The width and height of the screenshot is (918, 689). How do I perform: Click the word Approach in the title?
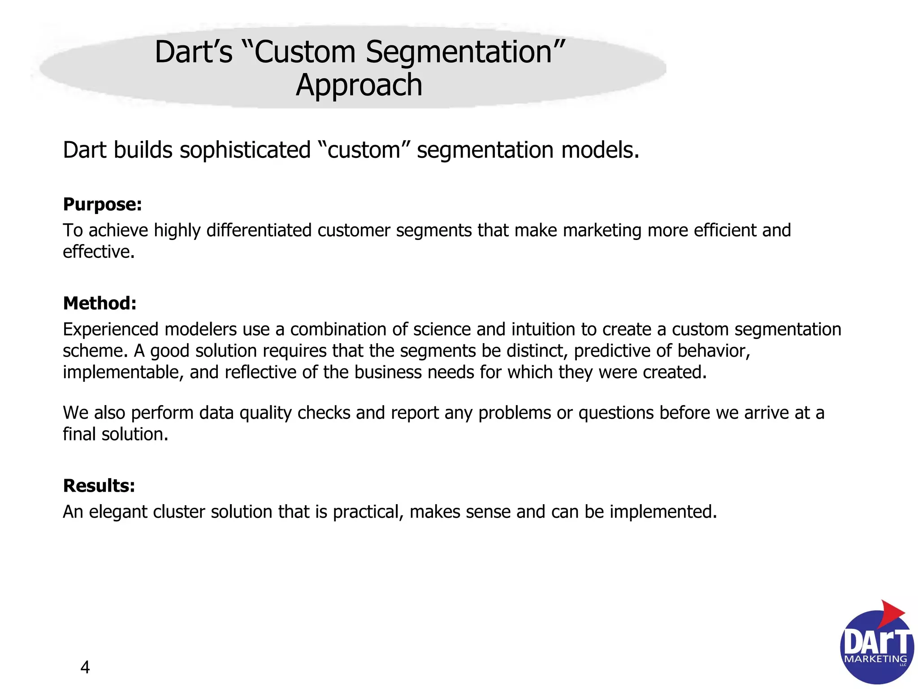click(x=359, y=85)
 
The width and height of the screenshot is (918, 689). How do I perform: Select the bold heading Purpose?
click(x=102, y=205)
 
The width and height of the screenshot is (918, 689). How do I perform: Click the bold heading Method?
click(x=100, y=304)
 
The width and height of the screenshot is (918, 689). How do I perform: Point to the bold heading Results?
click(x=99, y=486)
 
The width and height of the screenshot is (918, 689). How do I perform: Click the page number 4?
click(x=85, y=667)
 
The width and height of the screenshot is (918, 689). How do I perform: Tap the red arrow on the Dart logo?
click(x=890, y=613)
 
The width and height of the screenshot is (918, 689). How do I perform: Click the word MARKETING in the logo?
click(x=875, y=659)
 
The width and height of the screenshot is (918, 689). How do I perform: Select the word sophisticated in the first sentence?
click(x=245, y=150)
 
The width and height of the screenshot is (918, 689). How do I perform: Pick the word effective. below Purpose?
click(x=99, y=252)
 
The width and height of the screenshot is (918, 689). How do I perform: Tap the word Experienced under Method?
click(x=111, y=330)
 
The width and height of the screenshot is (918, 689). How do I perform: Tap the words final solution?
click(x=115, y=435)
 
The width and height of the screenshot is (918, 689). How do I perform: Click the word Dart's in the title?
click(x=193, y=52)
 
